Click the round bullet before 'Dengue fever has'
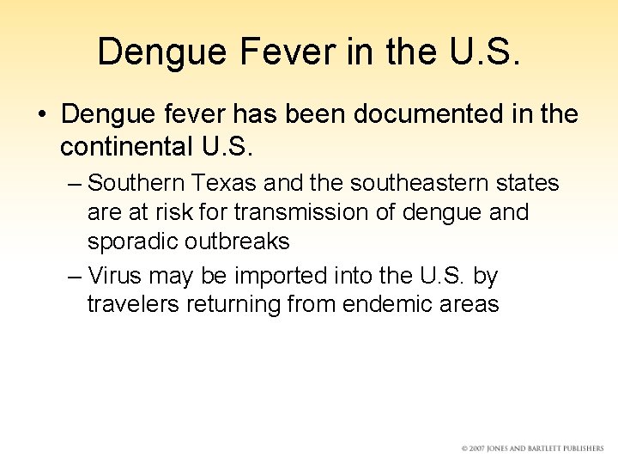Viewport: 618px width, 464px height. [x=42, y=114]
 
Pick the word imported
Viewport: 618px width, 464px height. [x=280, y=276]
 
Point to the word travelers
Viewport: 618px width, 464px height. [x=130, y=304]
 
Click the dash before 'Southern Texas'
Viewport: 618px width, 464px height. [x=74, y=184]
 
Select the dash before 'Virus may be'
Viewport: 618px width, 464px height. [x=74, y=277]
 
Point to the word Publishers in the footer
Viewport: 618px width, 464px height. [x=581, y=449]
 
